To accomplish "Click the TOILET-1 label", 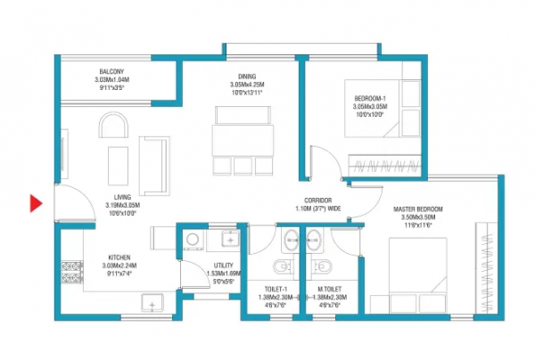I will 276,288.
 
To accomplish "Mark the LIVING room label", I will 116,198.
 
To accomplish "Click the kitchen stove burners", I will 70,274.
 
